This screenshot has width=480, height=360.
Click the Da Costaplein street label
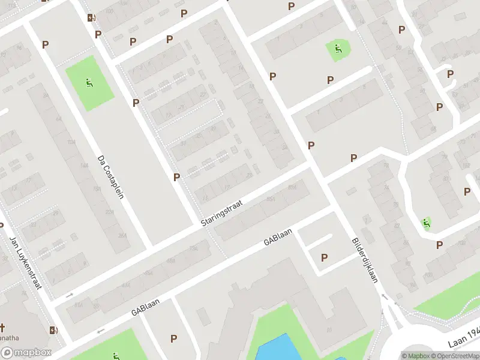pos(110,178)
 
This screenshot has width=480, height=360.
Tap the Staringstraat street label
pos(222,213)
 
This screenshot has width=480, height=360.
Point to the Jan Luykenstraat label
pos(25,263)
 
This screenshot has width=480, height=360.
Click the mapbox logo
pos(26,353)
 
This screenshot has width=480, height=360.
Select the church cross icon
pos(2,328)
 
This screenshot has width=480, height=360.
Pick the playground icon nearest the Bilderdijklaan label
pos(426,224)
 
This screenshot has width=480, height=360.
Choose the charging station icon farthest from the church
pos(91,17)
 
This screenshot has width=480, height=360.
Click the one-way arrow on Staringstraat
pos(69,295)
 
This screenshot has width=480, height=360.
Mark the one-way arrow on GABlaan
pos(100,330)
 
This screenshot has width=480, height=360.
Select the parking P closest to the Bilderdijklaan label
pos(325,257)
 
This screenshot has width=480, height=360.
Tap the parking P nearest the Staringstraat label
pos(176,177)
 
